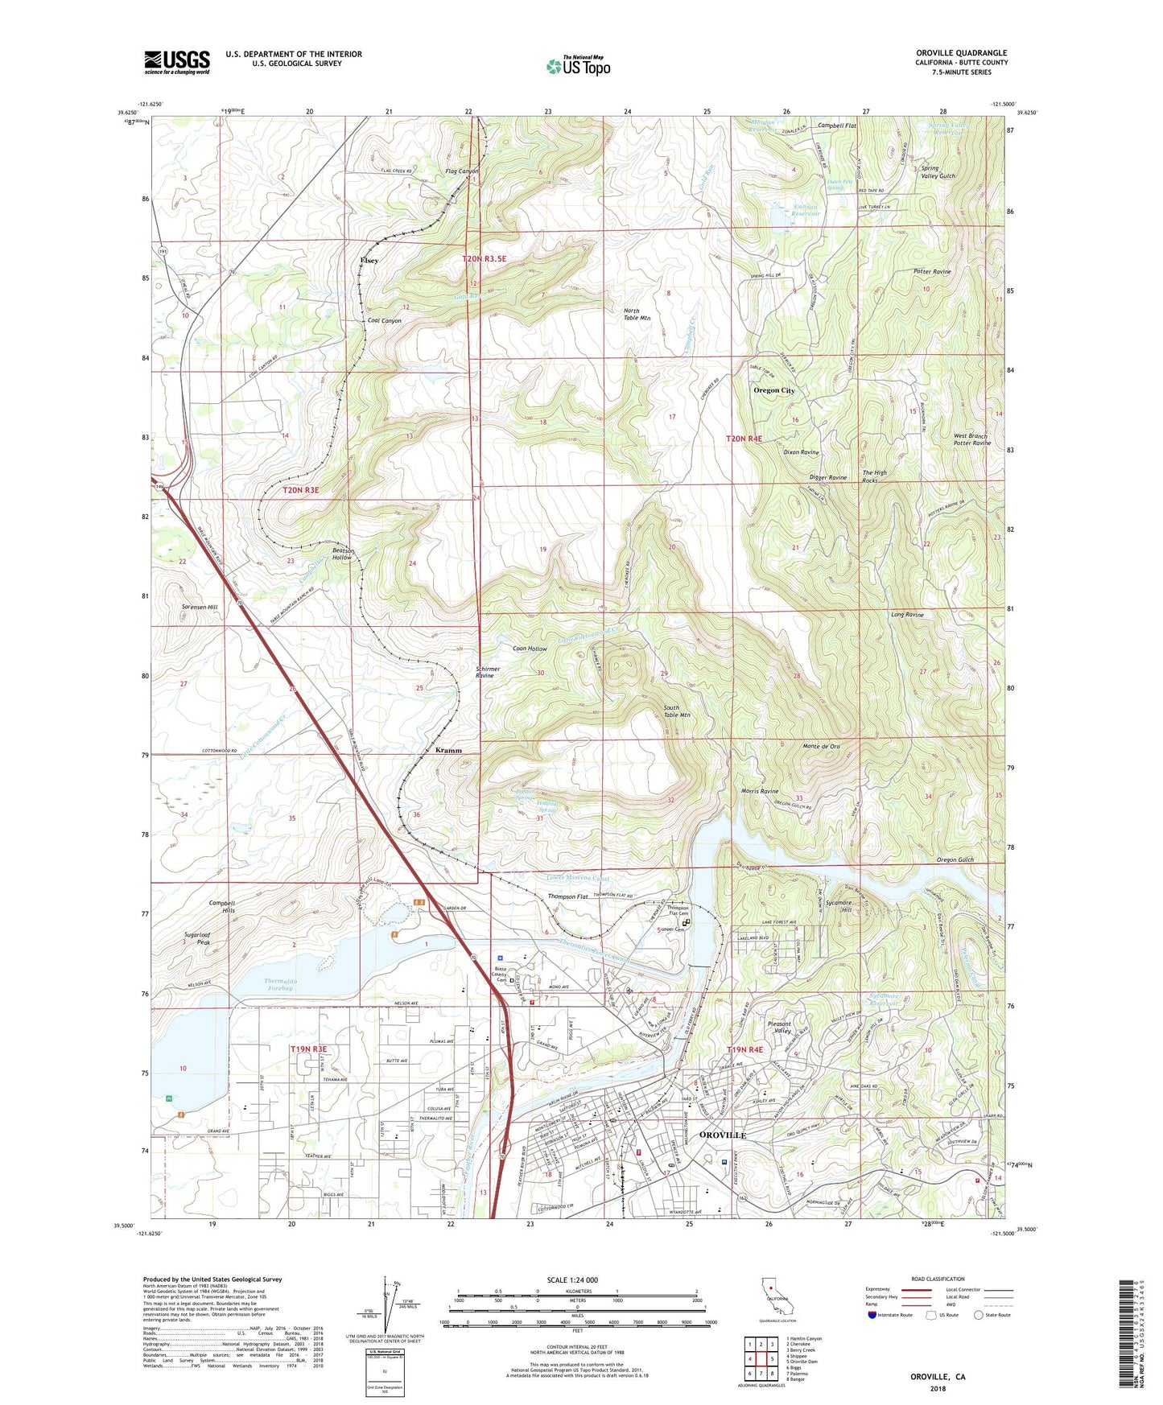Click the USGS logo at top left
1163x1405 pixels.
coord(177,62)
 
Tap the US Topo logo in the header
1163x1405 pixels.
coord(578,66)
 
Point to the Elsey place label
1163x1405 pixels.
coord(369,261)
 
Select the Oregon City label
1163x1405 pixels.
coord(773,390)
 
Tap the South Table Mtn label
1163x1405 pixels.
coord(677,711)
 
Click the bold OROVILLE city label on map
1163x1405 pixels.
coord(723,1135)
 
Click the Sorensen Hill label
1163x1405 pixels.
coord(200,607)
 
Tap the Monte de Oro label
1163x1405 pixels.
coord(821,746)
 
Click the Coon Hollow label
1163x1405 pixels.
coord(530,649)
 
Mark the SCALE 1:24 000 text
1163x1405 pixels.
coord(575,1279)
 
